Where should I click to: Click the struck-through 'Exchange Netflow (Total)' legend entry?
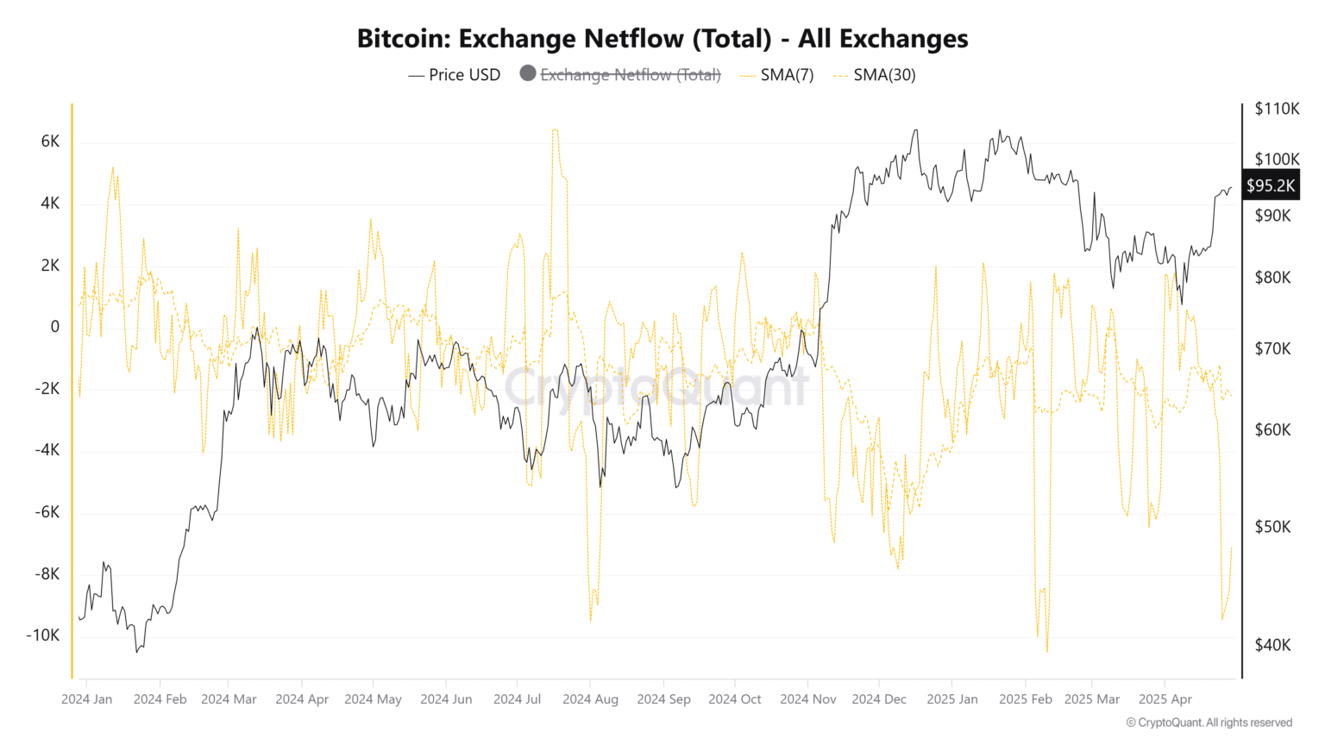click(x=630, y=75)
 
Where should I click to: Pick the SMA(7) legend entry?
click(x=786, y=75)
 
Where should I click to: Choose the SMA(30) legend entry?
click(x=884, y=75)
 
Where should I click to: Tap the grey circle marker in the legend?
click(x=528, y=74)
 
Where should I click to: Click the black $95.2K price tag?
click(x=1270, y=185)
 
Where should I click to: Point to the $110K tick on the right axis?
click(x=1277, y=109)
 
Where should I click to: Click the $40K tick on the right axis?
click(x=1272, y=645)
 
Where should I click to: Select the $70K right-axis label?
click(x=1272, y=348)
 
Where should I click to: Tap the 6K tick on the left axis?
click(x=50, y=141)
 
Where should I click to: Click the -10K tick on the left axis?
click(x=43, y=635)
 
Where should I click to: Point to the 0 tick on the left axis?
click(x=55, y=327)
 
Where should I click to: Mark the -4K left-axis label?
click(x=47, y=450)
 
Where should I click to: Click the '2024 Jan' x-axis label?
click(x=86, y=698)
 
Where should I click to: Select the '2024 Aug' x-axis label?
click(x=590, y=698)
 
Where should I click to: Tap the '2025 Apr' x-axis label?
click(x=1165, y=698)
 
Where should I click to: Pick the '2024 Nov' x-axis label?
click(x=807, y=698)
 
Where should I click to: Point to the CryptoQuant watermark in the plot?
click(x=656, y=387)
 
